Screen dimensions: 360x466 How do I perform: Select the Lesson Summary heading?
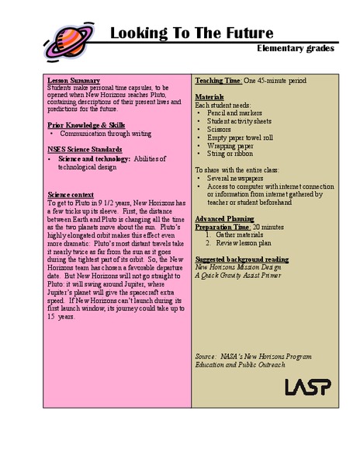(x=73, y=81)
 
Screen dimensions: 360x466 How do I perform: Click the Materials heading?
(x=209, y=96)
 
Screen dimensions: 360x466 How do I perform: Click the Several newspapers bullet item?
(x=234, y=178)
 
